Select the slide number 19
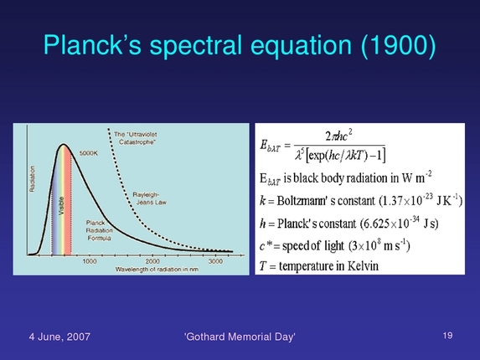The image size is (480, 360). pyautogui.click(x=447, y=335)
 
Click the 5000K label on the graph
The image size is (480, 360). pyautogui.click(x=90, y=153)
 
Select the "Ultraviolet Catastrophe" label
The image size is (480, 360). pyautogui.click(x=139, y=137)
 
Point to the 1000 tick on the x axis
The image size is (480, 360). pyautogui.click(x=90, y=260)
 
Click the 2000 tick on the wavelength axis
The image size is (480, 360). pyautogui.click(x=152, y=260)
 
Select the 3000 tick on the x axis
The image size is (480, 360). pyautogui.click(x=214, y=260)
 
